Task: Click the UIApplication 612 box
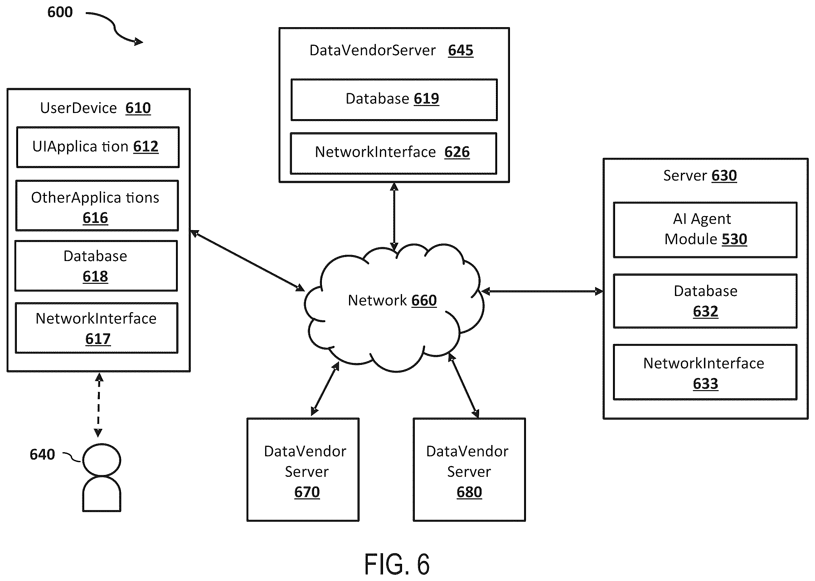pos(98,147)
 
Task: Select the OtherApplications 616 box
pos(97,206)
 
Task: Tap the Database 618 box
pos(96,266)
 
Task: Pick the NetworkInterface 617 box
pos(97,328)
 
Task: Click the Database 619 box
pos(394,100)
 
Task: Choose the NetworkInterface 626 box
pos(394,153)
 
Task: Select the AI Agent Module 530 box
pos(705,230)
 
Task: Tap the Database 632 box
pos(705,301)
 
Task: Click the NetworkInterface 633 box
pos(705,372)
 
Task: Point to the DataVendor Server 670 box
pos(303,469)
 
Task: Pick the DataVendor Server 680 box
pos(469,469)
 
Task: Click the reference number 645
pos(461,51)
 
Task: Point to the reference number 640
pos(42,454)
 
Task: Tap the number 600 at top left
pos(60,12)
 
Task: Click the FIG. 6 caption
pos(397,564)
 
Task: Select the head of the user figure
pos(102,460)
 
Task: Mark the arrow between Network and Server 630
pos(542,291)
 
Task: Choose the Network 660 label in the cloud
pos(392,301)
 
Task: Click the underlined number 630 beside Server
pos(724,176)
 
